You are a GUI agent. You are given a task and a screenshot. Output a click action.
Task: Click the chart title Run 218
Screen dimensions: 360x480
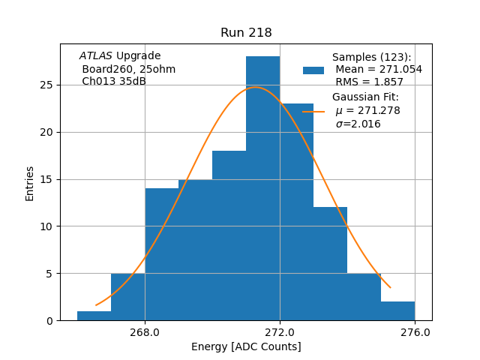click(246, 33)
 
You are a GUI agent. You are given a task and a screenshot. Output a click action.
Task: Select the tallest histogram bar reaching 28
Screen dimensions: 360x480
click(262, 187)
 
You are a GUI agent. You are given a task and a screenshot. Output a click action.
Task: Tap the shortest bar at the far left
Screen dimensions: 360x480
click(94, 316)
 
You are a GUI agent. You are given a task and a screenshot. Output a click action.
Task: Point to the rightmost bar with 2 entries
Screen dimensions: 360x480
click(397, 310)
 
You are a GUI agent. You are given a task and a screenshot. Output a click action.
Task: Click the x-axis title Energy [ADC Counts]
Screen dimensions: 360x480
click(246, 346)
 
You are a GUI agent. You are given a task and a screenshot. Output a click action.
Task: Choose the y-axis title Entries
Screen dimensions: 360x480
click(30, 183)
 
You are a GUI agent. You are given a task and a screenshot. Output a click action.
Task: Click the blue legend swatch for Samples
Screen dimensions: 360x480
click(313, 70)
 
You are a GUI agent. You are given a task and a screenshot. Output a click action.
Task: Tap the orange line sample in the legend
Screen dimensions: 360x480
click(313, 111)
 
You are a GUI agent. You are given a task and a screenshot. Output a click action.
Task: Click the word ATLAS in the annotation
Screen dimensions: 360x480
click(96, 56)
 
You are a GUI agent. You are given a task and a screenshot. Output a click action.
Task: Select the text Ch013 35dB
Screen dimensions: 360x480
click(114, 82)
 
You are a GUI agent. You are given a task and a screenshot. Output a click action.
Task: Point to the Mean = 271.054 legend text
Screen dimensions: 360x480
click(379, 70)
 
